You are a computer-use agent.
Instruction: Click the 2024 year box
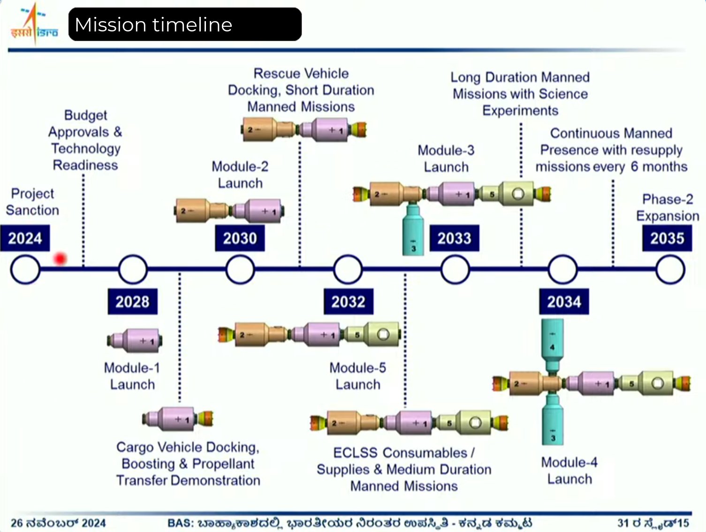(25, 238)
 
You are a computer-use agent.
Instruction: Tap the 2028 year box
(133, 302)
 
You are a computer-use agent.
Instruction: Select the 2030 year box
(240, 238)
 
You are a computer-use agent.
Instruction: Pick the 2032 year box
(348, 302)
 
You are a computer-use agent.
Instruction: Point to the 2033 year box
(454, 238)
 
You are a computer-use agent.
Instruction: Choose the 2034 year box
(564, 302)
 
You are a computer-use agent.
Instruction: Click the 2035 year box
(667, 238)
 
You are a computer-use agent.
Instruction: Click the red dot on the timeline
(60, 258)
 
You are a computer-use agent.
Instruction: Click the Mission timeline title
(153, 24)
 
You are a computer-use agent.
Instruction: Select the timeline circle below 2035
(670, 270)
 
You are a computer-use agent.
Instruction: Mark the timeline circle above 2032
(348, 270)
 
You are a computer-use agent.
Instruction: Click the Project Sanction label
(32, 202)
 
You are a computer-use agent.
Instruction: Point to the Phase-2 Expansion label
(667, 207)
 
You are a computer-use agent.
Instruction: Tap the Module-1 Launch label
(132, 376)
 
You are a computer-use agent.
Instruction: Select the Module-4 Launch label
(569, 471)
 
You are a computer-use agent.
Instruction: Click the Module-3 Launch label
(446, 159)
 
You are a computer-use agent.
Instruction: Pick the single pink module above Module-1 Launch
(136, 341)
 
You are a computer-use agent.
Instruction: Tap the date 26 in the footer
(17, 523)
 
